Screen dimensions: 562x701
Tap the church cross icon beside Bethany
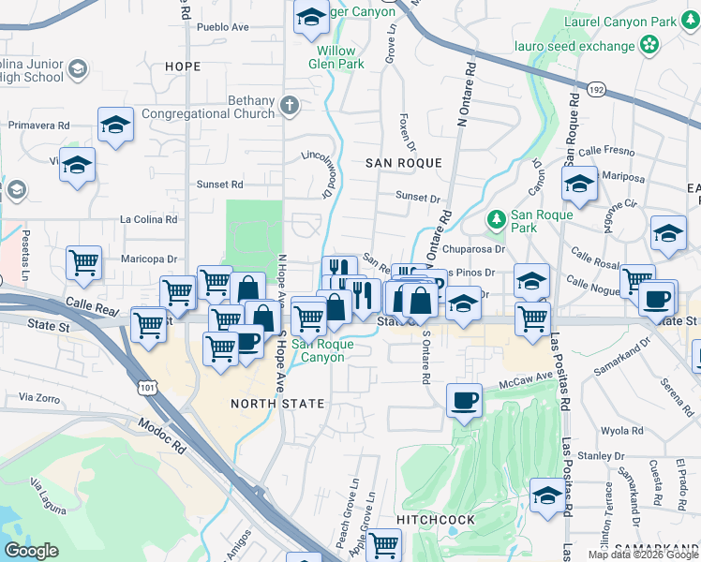pos(290,105)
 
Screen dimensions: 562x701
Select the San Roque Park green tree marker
pos(496,219)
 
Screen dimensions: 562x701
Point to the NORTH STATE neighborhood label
pos(277,404)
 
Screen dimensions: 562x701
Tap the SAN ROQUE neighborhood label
pos(403,163)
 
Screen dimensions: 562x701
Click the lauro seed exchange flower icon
pos(649,45)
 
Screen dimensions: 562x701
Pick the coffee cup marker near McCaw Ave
pos(464,401)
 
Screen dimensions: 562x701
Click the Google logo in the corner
pos(32,551)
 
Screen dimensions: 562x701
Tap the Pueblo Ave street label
pos(222,27)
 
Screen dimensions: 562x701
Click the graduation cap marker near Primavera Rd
pos(115,125)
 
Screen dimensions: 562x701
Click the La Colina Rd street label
pos(148,219)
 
